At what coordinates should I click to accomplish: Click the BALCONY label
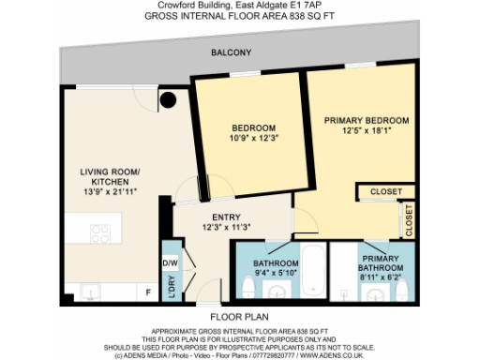click(230, 52)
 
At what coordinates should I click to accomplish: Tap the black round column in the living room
click(169, 99)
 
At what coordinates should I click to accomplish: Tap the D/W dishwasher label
click(172, 263)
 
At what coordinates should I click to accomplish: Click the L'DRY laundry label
click(172, 288)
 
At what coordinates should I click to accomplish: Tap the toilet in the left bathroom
click(248, 286)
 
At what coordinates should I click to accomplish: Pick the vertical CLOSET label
click(409, 221)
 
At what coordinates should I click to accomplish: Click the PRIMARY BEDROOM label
click(367, 121)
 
